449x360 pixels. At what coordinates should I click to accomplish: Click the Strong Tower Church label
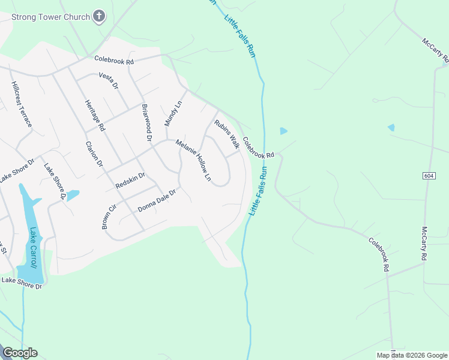click(x=50, y=17)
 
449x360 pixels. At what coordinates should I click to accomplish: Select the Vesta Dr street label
click(x=109, y=82)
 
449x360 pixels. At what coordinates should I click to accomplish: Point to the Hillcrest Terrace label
click(x=21, y=104)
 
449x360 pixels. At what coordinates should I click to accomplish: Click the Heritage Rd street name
click(x=95, y=115)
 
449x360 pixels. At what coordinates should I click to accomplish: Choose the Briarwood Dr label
click(x=146, y=122)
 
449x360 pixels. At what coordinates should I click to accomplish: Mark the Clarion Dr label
click(x=94, y=154)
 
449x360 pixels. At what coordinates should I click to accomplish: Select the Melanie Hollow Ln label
click(x=193, y=160)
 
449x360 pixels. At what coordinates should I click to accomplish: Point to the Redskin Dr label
click(x=130, y=181)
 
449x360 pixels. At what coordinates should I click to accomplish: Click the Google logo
click(x=20, y=353)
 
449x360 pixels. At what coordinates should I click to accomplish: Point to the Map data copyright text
click(x=411, y=355)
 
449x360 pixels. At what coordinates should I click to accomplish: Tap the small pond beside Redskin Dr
click(x=72, y=196)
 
